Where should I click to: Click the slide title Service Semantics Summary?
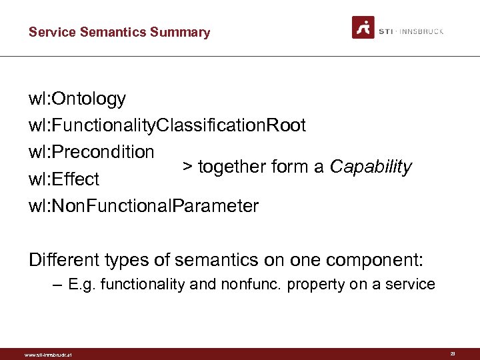click(x=119, y=32)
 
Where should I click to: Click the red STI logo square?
click(x=363, y=27)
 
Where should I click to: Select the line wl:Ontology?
click(x=77, y=99)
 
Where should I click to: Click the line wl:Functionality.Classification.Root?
click(x=167, y=125)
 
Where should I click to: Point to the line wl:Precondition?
click(x=91, y=152)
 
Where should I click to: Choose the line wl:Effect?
click(x=63, y=179)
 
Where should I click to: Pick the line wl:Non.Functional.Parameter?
click(x=143, y=206)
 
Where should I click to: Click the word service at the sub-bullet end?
click(x=411, y=285)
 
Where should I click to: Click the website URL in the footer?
click(x=47, y=355)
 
